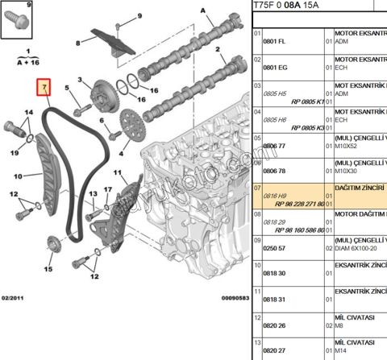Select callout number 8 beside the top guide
pos(77,43)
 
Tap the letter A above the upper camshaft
pos(206,11)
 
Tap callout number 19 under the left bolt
pos(15,151)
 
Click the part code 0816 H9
pos(277,196)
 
